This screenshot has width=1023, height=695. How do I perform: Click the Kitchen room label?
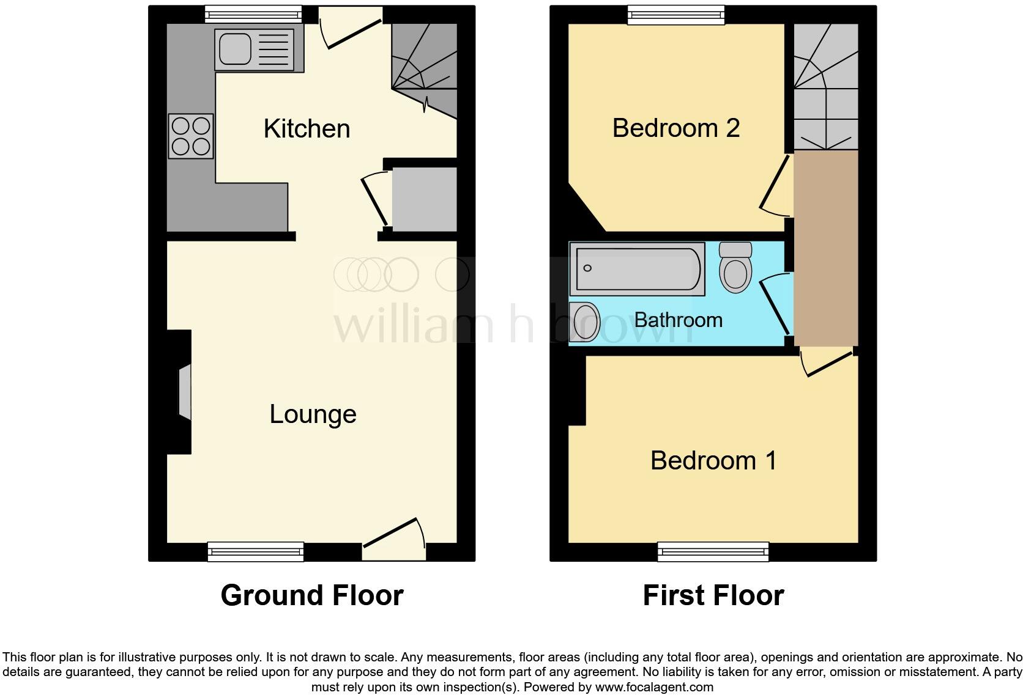point(307,129)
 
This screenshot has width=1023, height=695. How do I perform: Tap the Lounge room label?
point(313,414)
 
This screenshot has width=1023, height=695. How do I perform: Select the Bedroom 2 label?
point(675,128)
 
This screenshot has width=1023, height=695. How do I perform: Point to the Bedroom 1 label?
point(713,460)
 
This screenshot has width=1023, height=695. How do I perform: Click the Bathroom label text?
point(678,320)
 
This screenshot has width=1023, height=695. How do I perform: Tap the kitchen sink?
point(259,50)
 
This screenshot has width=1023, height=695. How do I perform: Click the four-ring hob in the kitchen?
point(191,136)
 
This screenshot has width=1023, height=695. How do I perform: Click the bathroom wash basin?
point(584,321)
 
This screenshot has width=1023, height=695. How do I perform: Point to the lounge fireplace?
point(184,392)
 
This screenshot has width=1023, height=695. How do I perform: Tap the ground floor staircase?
point(424,67)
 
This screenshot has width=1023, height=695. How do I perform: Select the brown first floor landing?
point(826,248)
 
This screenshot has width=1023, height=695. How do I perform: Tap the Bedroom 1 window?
point(713,551)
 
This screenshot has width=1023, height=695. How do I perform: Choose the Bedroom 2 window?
point(676,15)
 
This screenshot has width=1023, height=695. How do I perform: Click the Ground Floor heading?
point(312,595)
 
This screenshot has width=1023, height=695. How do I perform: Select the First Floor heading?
point(713,595)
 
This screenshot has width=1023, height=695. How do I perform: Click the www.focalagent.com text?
point(654,687)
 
